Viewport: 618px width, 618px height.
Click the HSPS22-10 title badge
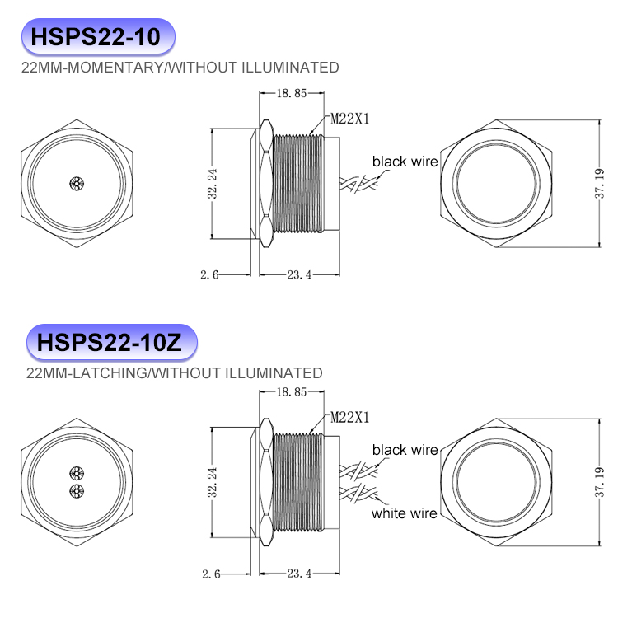pos(97,38)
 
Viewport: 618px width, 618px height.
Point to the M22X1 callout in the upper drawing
pos(350,119)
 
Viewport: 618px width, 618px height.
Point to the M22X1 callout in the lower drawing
pos(350,418)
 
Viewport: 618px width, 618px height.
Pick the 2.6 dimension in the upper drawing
pos(210,275)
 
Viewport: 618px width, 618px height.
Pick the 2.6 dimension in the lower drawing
pos(210,574)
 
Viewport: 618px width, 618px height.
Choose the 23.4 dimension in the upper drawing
pos(299,275)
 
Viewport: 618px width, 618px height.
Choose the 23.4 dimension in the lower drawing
pos(299,574)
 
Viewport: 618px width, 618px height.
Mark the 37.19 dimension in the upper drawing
pos(599,185)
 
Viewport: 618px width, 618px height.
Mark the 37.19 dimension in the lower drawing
pos(599,482)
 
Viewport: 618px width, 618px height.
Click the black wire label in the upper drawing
pos(405,162)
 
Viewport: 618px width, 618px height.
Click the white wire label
pos(404,513)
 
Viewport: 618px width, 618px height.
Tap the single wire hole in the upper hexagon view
pos(77,183)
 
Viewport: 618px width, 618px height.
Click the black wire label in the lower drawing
pos(405,450)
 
